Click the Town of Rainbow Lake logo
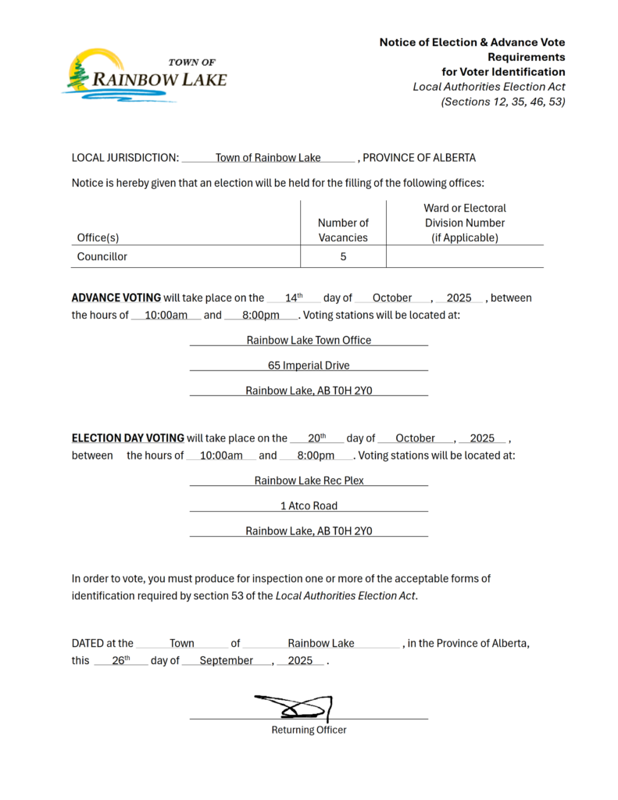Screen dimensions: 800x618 pyautogui.click(x=145, y=76)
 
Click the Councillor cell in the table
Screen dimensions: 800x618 pyautogui.click(x=102, y=256)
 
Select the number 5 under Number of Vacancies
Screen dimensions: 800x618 pyautogui.click(x=343, y=256)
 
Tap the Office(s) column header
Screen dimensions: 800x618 pyautogui.click(x=98, y=237)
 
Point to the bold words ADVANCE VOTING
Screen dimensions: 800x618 pyautogui.click(x=116, y=298)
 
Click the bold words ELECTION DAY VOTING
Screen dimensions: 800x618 pyautogui.click(x=128, y=438)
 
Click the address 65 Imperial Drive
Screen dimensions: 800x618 pyautogui.click(x=309, y=366)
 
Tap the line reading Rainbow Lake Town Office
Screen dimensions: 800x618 pyautogui.click(x=309, y=341)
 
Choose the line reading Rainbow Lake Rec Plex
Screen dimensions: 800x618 pyautogui.click(x=309, y=480)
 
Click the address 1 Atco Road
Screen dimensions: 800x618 pyautogui.click(x=309, y=506)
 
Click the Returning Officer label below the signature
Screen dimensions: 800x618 pyautogui.click(x=309, y=730)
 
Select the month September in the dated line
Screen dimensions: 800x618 pyautogui.click(x=226, y=661)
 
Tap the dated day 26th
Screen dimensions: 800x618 pyautogui.click(x=120, y=660)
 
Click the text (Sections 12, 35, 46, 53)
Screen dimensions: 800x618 pyautogui.click(x=503, y=102)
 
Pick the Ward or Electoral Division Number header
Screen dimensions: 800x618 pyautogui.click(x=465, y=223)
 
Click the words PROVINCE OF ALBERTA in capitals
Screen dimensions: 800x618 pyautogui.click(x=420, y=158)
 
